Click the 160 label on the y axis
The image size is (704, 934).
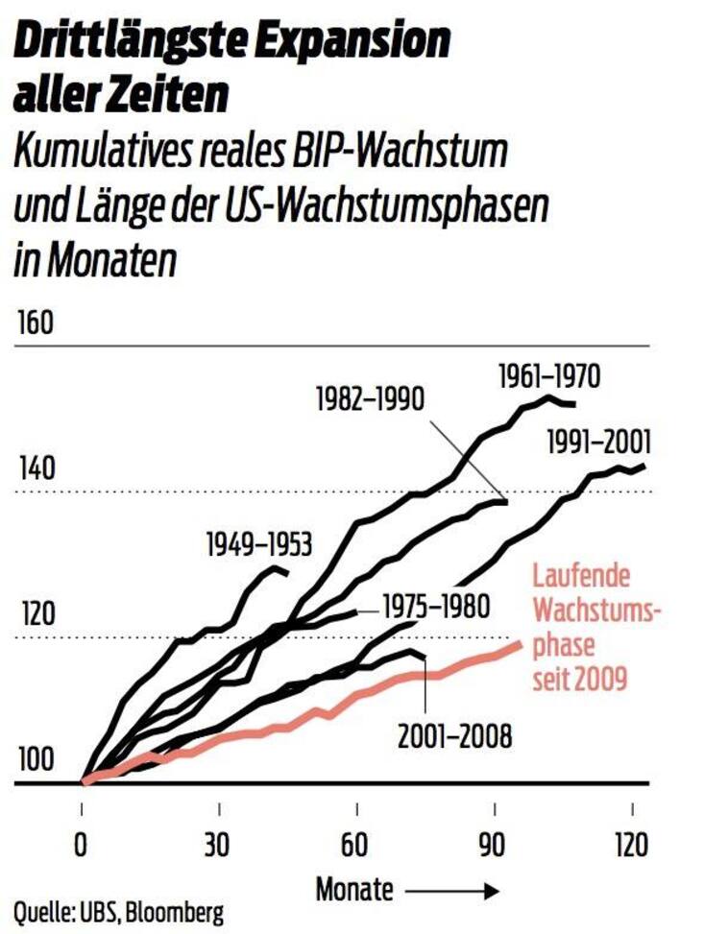point(35,323)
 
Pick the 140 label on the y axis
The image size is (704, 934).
point(35,471)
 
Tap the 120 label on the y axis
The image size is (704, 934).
point(35,615)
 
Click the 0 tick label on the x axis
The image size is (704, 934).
point(82,845)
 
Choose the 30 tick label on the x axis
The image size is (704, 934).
point(220,845)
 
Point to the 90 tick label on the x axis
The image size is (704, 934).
point(494,845)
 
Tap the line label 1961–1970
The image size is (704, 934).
point(549,376)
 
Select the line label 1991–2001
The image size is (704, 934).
point(598,443)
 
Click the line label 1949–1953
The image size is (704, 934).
point(258,546)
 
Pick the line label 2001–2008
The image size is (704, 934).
point(455,736)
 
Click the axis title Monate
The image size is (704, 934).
point(354,890)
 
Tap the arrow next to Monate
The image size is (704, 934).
point(450,891)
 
